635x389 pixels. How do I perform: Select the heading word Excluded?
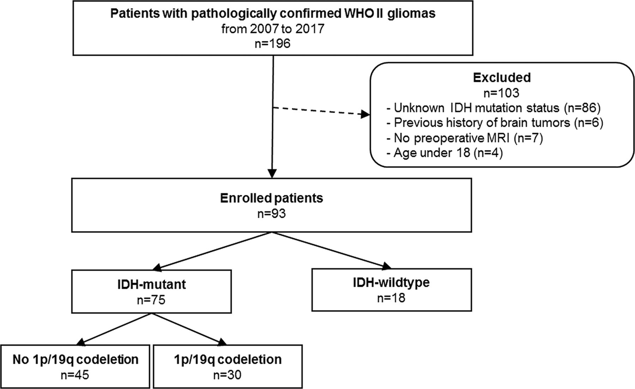click(x=502, y=78)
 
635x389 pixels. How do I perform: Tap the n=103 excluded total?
click(x=502, y=93)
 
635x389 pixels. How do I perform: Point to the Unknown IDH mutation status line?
click(x=493, y=108)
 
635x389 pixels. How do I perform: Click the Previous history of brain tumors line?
click(x=495, y=123)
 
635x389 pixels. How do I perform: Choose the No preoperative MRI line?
click(x=465, y=138)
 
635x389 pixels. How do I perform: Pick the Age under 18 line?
click(x=445, y=153)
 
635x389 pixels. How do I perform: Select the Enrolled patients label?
click(x=272, y=198)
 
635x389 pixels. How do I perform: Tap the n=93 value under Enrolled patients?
click(x=272, y=214)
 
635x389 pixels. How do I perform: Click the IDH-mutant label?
click(x=151, y=285)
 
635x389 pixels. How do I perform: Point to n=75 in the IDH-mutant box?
click(x=151, y=300)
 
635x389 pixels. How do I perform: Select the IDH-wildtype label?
click(x=392, y=282)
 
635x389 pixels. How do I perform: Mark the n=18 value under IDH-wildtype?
click(x=391, y=298)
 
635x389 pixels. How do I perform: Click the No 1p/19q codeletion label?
click(x=75, y=360)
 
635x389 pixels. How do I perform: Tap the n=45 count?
click(x=75, y=375)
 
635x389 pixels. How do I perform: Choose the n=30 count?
click(x=227, y=375)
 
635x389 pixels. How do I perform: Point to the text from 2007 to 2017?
click(x=273, y=29)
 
